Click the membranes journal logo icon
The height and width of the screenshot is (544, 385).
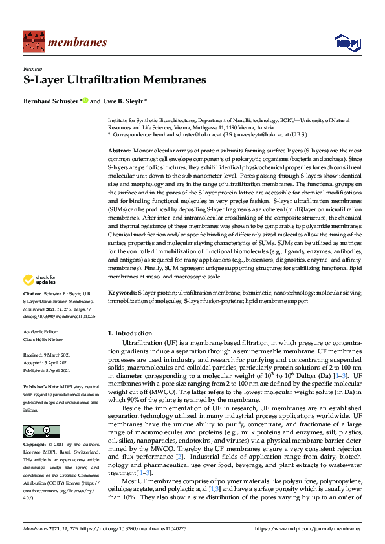point(32,43)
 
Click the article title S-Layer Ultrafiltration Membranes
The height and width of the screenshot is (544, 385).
point(115,81)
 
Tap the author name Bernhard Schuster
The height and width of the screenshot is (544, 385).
point(50,101)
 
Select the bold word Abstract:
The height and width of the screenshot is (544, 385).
point(120,149)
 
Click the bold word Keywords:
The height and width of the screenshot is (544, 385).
point(122,293)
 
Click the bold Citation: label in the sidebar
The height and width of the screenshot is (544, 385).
point(33,293)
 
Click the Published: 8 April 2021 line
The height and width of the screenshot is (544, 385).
point(49,370)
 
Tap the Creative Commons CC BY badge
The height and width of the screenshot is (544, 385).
point(37,432)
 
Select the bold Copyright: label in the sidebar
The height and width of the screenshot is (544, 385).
point(36,445)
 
